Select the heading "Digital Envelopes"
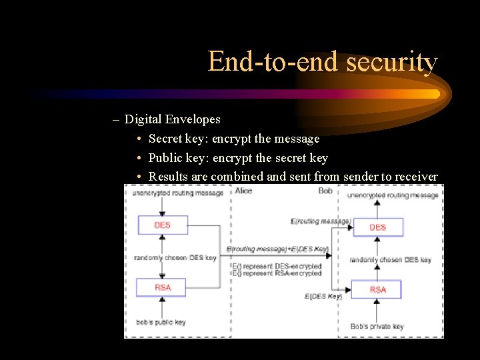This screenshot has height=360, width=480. click(x=172, y=119)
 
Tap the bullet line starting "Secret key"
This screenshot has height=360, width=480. click(x=233, y=139)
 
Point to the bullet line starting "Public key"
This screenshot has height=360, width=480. click(x=237, y=157)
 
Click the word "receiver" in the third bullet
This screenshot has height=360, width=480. click(x=416, y=176)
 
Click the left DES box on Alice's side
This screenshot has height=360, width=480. click(x=162, y=225)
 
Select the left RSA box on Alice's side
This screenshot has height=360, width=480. click(x=162, y=287)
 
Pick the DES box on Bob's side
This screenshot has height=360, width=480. click(x=377, y=227)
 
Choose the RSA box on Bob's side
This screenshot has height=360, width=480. click(x=377, y=289)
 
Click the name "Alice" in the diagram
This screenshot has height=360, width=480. click(x=244, y=191)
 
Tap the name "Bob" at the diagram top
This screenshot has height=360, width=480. click(x=325, y=191)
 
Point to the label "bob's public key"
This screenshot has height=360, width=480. click(x=160, y=322)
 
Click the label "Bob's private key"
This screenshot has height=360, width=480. click(x=377, y=326)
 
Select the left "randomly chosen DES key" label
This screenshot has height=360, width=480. click(x=175, y=257)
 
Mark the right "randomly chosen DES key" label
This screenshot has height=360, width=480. click(x=391, y=259)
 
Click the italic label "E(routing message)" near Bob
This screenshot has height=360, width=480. click(x=321, y=221)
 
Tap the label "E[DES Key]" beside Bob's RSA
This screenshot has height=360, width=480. click(x=323, y=296)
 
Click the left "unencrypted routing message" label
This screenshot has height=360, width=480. click(x=177, y=193)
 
